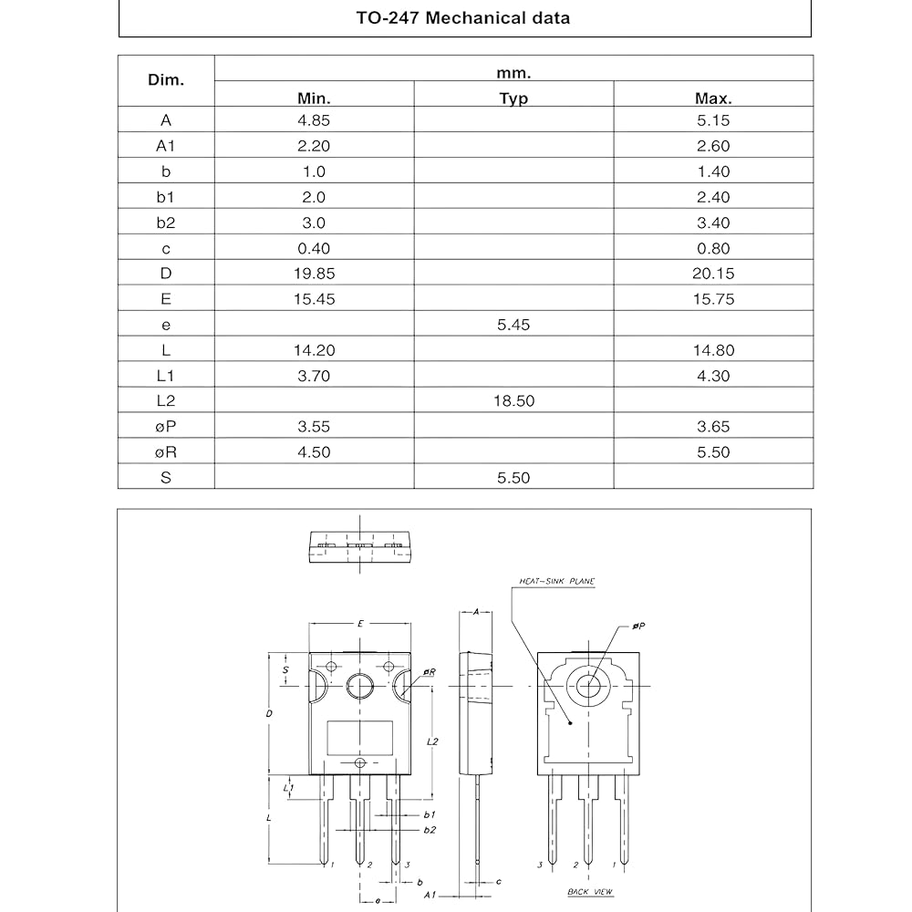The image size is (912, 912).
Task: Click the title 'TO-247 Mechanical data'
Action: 463,17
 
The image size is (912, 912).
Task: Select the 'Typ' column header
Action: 513,98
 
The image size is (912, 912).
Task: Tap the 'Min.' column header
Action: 314,98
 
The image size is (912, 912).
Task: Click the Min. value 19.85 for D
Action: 314,274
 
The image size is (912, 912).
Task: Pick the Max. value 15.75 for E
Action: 712,299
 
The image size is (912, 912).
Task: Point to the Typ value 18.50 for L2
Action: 513,401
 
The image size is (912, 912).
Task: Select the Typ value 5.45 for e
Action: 513,325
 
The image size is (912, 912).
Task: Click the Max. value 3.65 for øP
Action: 712,427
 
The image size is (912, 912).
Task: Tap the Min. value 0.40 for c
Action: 314,248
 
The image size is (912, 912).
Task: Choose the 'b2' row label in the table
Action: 165,223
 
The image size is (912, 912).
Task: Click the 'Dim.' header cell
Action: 165,80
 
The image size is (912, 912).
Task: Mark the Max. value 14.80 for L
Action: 712,350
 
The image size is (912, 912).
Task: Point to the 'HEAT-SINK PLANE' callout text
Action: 556,581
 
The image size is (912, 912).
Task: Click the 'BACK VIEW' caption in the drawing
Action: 589,891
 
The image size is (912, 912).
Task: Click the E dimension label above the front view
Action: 360,624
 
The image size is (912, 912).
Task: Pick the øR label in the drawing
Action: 429,672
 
